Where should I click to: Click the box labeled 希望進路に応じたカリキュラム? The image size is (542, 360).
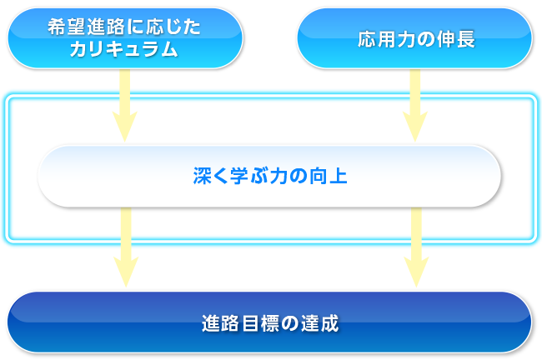click(125, 38)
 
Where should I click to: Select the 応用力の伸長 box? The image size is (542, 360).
click(414, 38)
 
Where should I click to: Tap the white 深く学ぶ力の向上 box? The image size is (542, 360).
click(269, 176)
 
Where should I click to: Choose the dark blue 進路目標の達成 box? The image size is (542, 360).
click(269, 322)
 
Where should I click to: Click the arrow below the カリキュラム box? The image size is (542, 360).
click(125, 105)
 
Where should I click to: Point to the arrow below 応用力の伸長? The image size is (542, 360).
click(415, 105)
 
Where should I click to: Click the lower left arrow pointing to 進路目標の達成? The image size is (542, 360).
click(126, 247)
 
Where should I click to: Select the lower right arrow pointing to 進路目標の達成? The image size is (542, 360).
click(417, 247)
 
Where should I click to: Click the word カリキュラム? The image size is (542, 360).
click(123, 49)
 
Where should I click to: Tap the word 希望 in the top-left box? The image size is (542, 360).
click(67, 27)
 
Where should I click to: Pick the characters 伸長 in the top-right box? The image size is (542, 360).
click(456, 39)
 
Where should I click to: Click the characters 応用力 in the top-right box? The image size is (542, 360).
click(386, 39)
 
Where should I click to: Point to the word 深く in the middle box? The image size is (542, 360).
click(211, 176)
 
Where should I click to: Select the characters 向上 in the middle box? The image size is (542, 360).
click(328, 176)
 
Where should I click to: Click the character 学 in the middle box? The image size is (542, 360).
click(239, 176)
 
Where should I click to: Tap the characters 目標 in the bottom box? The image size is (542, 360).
click(261, 323)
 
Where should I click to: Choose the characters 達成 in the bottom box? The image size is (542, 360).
click(319, 323)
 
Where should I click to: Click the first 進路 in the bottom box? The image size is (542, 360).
click(220, 323)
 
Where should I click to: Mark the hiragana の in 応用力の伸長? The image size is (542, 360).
click(425, 39)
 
